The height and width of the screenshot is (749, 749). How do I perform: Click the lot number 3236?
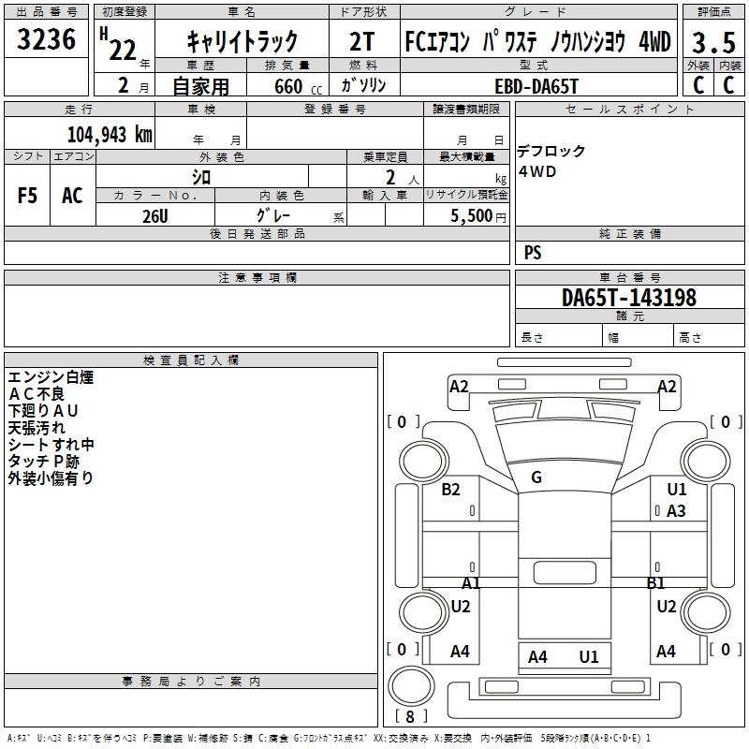47,39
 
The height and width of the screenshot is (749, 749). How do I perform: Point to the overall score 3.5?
712,42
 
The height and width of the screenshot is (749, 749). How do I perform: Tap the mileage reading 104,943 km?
110,134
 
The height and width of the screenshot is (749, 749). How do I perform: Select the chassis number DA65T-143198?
628,298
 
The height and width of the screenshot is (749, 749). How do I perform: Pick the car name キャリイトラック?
242,41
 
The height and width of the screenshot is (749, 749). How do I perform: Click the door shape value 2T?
363,41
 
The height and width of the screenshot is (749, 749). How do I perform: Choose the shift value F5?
28,196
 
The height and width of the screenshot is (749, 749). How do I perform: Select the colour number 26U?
154,215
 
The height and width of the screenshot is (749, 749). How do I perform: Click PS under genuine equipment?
533,253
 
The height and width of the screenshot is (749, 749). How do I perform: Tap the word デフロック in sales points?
551,152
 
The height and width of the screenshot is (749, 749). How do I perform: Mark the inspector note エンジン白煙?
51,377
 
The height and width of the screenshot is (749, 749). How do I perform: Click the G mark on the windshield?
536,477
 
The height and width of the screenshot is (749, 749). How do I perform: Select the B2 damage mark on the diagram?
451,490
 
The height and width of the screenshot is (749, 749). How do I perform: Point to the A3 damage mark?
676,510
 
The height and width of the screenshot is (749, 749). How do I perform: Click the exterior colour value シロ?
201,176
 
